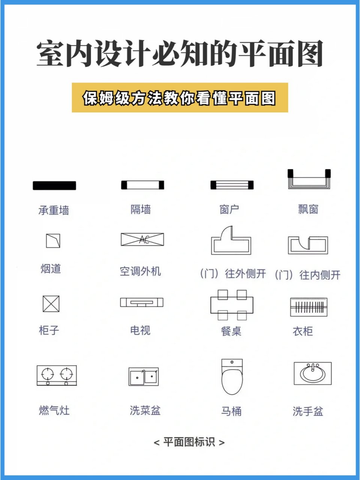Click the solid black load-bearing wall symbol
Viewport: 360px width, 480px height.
tap(54, 185)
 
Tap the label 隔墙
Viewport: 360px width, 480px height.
tap(141, 209)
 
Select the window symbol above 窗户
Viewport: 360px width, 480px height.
tap(232, 185)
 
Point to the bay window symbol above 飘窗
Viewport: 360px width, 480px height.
tap(309, 179)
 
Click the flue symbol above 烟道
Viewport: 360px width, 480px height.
tap(53, 241)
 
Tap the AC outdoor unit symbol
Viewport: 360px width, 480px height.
tap(142, 239)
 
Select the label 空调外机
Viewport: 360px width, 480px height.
tap(140, 271)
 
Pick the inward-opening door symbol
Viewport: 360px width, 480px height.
tap(308, 245)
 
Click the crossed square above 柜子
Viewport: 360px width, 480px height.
tap(51, 304)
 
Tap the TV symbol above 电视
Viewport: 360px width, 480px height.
tap(142, 302)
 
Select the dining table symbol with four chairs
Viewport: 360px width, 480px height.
tap(232, 305)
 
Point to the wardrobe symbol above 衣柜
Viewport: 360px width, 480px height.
tap(309, 307)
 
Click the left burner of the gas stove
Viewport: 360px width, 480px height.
tap(48, 374)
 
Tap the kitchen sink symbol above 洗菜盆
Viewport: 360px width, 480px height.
tap(143, 376)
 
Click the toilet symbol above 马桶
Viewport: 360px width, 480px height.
tap(232, 377)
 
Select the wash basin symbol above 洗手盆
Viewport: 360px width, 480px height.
tap(313, 373)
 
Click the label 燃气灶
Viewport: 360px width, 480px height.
tap(54, 410)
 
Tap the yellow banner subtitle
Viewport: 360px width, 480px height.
tap(180, 98)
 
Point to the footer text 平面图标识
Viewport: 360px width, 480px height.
tap(189, 442)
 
